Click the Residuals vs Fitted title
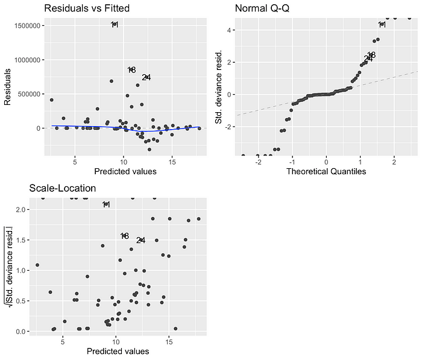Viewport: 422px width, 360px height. point(87,8)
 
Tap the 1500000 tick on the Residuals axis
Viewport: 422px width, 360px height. point(27,26)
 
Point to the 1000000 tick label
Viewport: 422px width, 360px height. point(27,60)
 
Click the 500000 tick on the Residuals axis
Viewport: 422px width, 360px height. point(29,94)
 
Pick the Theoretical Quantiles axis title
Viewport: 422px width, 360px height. point(326,171)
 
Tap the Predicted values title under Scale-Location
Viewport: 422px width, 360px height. point(118,351)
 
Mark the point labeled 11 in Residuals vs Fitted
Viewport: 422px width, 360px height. point(115,25)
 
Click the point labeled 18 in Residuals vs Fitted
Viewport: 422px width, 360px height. point(131,70)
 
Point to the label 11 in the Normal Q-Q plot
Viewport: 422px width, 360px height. point(382,25)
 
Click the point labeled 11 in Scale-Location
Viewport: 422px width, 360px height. point(106,204)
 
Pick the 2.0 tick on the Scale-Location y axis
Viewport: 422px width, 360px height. point(22,209)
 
